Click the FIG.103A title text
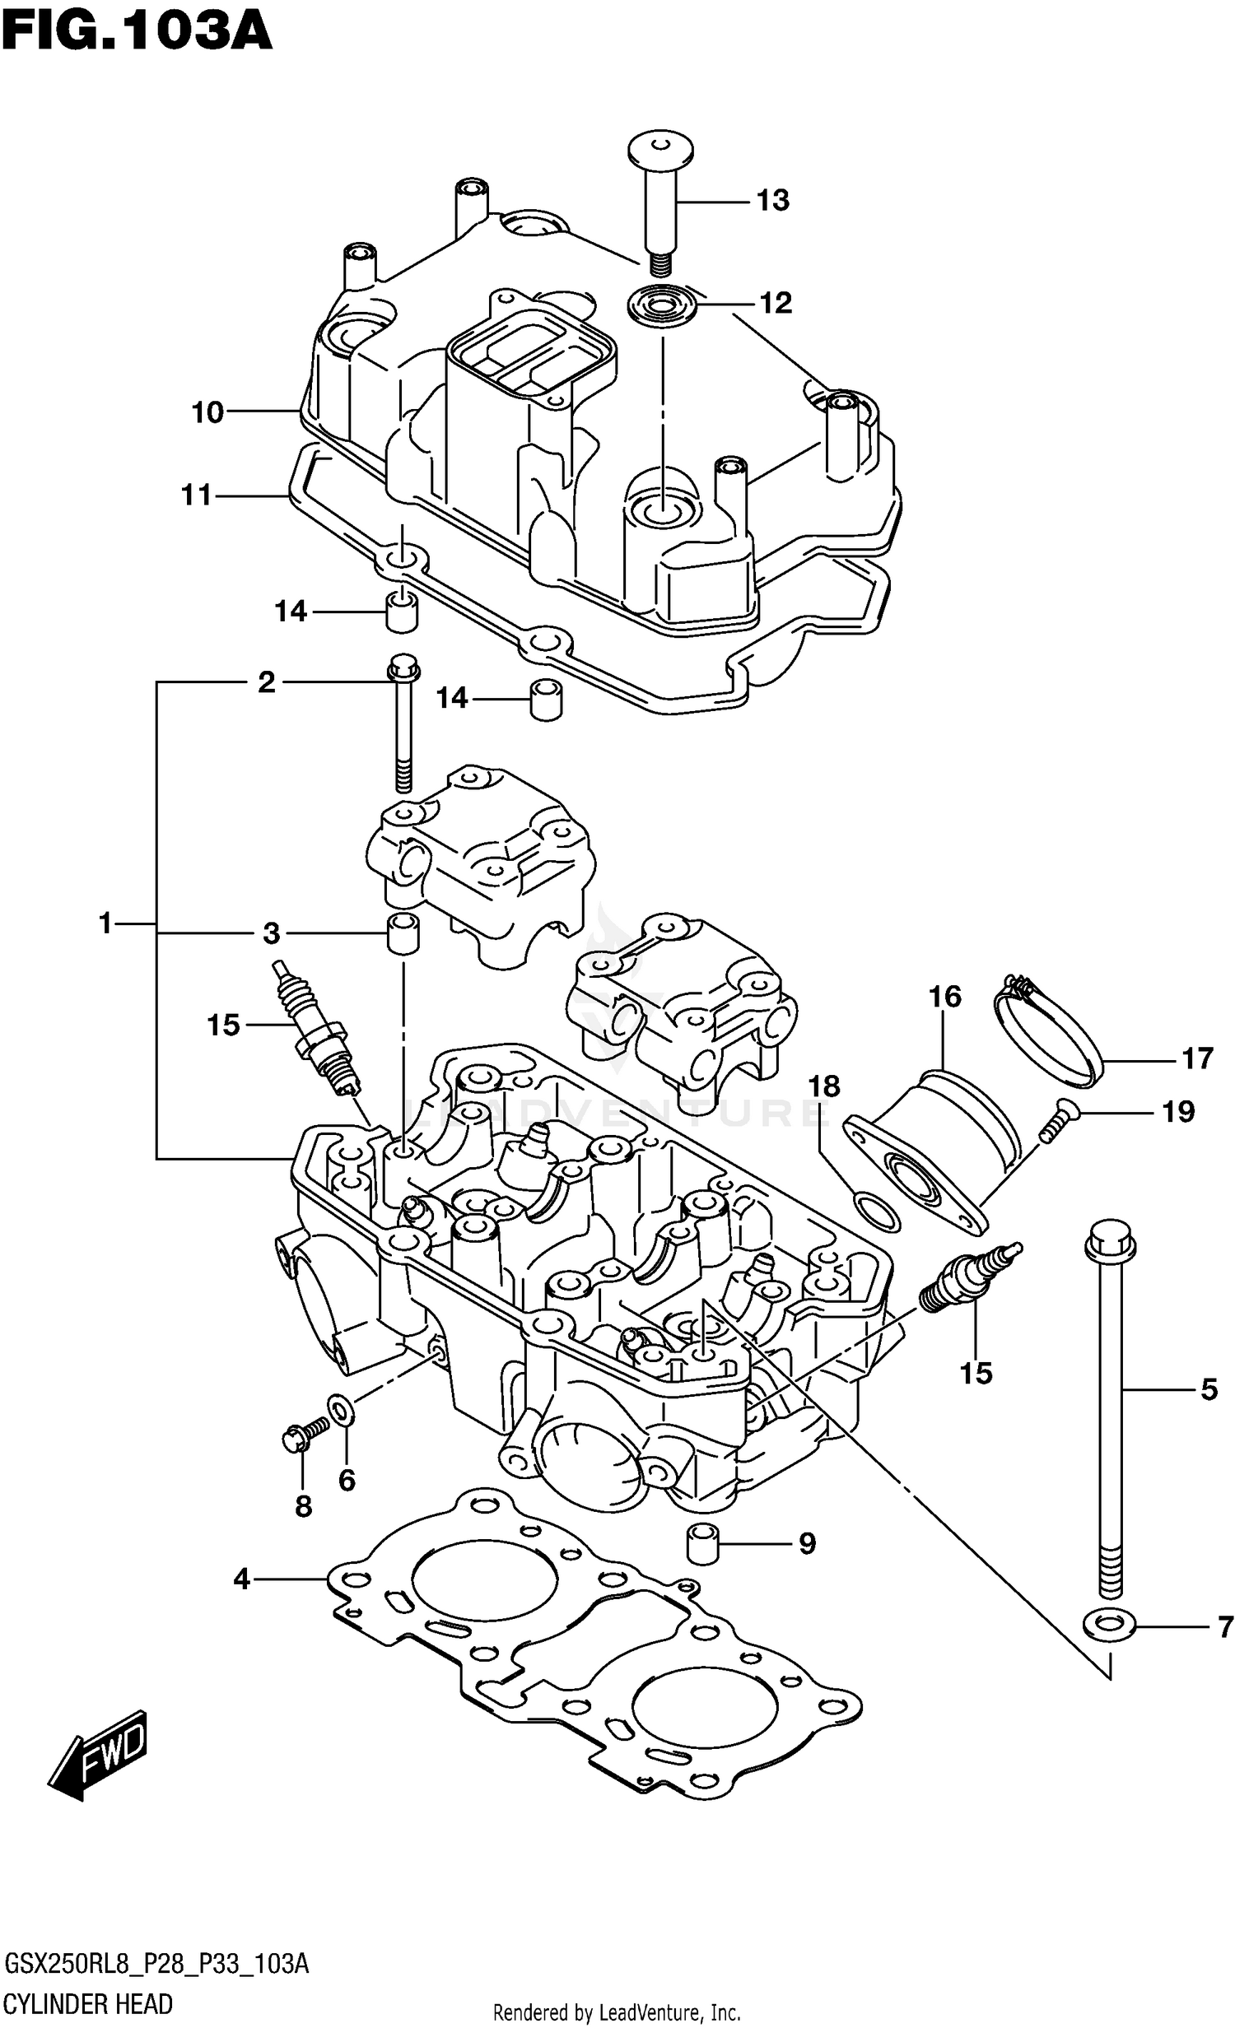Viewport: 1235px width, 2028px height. [x=136, y=33]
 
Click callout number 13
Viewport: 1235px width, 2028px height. [x=772, y=200]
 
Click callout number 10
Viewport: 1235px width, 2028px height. [x=207, y=412]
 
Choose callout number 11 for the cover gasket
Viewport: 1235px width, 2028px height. [x=197, y=495]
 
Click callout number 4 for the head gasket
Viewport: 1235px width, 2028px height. [x=241, y=1579]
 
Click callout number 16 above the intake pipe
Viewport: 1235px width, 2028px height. [x=944, y=997]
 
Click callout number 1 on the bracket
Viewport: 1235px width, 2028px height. [x=105, y=923]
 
